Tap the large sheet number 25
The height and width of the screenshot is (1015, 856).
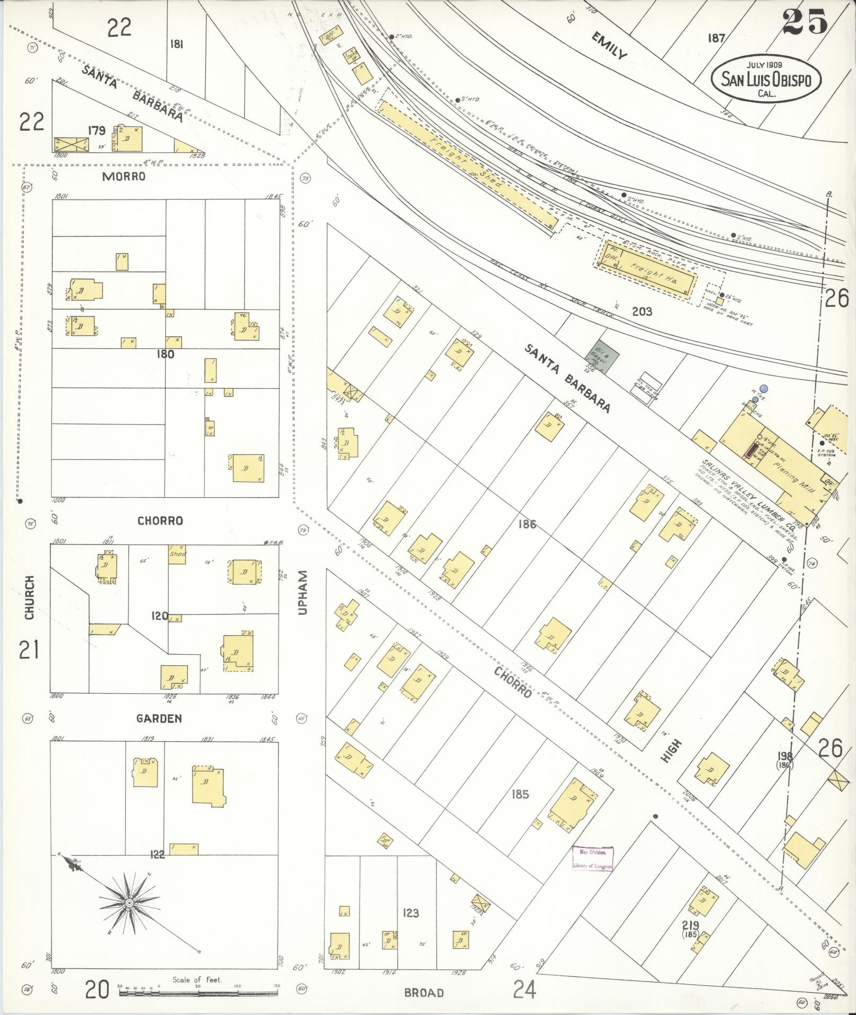[805, 22]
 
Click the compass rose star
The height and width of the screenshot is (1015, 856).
[129, 903]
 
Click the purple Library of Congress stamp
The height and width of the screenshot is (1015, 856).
[592, 858]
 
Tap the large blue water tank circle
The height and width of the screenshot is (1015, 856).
[764, 389]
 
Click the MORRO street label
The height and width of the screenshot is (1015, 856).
[124, 176]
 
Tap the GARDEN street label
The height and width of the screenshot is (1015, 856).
[159, 718]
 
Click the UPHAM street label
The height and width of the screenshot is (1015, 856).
[303, 593]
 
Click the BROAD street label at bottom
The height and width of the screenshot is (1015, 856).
[423, 993]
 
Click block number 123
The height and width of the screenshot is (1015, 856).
[410, 913]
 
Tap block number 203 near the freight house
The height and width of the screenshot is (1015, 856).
[642, 311]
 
